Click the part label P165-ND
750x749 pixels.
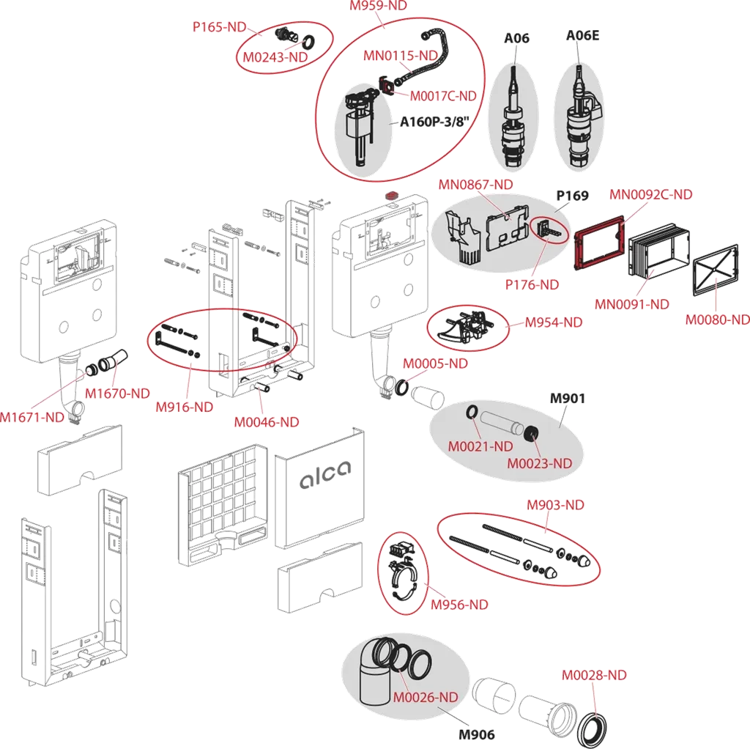(220, 26)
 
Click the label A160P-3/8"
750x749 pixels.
(434, 122)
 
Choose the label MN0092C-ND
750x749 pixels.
(651, 195)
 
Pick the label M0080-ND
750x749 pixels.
(717, 320)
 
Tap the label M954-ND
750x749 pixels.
(553, 322)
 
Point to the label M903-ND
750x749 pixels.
(556, 505)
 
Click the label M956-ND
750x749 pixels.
(459, 605)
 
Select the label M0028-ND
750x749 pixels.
(594, 675)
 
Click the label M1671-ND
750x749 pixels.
(32, 418)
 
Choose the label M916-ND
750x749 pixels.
(184, 407)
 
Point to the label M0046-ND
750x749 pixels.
(267, 422)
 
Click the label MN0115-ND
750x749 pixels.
(401, 56)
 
